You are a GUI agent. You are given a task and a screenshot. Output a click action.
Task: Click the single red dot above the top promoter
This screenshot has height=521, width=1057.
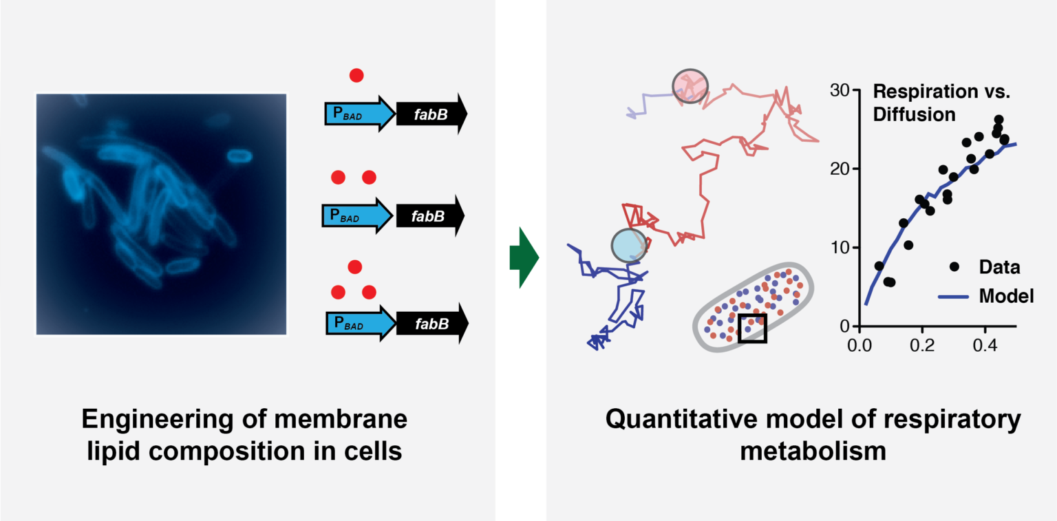tap(356, 74)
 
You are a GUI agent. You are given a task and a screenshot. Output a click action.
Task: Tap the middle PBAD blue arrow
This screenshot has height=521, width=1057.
tap(355, 217)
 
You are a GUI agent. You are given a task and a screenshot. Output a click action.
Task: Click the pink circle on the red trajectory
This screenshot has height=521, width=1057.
tap(689, 87)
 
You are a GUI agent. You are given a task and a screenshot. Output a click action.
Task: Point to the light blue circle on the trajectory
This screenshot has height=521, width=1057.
tap(629, 244)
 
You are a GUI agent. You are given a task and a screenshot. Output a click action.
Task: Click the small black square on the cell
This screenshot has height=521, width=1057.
tap(751, 328)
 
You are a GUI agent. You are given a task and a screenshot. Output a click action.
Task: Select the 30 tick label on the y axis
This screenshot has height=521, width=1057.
tap(838, 90)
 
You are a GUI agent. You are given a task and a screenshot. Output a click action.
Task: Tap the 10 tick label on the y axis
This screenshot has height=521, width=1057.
tap(838, 248)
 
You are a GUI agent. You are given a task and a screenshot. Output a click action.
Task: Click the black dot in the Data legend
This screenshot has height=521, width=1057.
tap(954, 267)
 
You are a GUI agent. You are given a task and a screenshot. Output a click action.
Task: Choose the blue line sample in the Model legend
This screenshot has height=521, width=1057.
tap(953, 297)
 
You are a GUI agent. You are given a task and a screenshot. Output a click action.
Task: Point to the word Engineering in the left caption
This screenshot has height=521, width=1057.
tap(164, 419)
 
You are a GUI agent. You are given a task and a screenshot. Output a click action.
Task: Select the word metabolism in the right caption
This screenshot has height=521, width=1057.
tap(813, 452)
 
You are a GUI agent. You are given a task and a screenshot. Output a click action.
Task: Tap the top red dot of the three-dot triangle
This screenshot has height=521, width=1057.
tap(354, 266)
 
